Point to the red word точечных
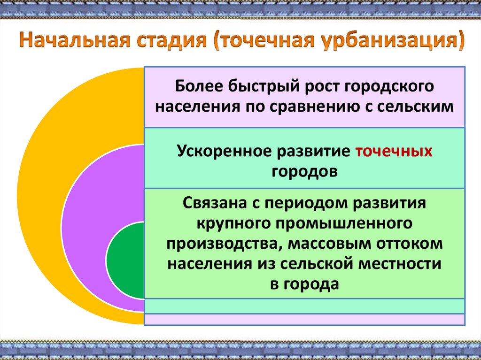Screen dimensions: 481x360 coord(394,152)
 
